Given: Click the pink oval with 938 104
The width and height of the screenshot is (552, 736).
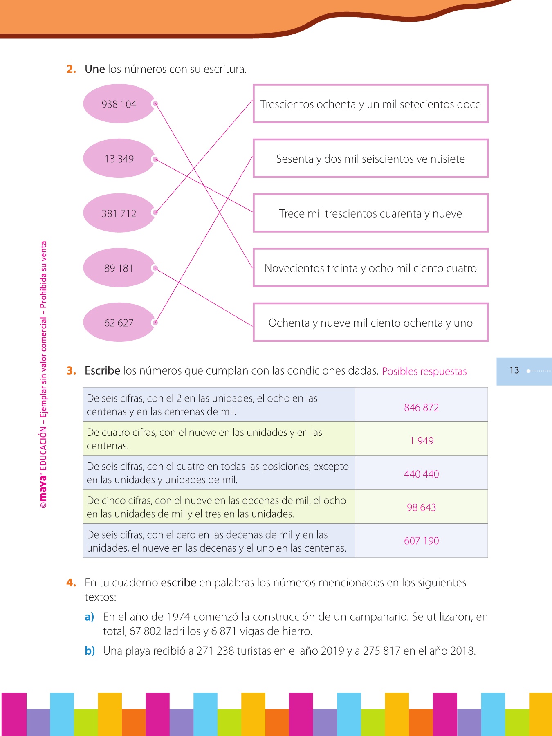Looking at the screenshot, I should (x=119, y=104).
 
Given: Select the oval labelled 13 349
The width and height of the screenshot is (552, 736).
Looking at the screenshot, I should (x=119, y=159).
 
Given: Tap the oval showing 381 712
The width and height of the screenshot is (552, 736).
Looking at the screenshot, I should (x=119, y=213).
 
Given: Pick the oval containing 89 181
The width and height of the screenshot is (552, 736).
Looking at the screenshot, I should (x=119, y=268).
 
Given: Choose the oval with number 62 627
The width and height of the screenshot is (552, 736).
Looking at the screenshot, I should (x=119, y=323).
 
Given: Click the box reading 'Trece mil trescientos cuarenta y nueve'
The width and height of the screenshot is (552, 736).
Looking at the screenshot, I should (x=370, y=213).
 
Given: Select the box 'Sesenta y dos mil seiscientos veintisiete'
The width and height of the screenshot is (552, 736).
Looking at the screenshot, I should (x=370, y=159).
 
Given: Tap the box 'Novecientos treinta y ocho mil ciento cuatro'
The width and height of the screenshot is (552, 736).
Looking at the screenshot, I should (x=370, y=268).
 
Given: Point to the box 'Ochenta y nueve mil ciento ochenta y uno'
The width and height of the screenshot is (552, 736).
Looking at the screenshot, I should (x=370, y=323).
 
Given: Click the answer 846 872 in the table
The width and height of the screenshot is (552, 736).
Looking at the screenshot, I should (x=421, y=407).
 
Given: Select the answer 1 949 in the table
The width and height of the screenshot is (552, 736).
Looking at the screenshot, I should (x=421, y=441).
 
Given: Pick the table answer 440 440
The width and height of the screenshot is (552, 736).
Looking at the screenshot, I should (x=421, y=474).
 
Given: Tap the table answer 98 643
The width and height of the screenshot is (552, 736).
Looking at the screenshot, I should (x=421, y=507).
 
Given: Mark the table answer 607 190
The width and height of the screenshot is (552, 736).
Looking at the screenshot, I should (x=421, y=541).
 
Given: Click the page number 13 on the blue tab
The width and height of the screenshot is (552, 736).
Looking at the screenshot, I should (x=514, y=370).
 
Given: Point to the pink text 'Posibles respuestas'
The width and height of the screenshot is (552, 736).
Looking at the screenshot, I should (x=424, y=371).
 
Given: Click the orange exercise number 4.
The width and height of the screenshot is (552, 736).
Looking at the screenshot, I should (x=71, y=583).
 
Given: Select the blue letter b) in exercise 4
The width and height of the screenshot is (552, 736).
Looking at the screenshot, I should (x=90, y=651).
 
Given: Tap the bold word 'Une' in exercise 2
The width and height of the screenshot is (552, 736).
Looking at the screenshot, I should (x=95, y=69).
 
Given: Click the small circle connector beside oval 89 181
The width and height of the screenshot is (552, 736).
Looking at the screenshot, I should (x=155, y=268).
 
